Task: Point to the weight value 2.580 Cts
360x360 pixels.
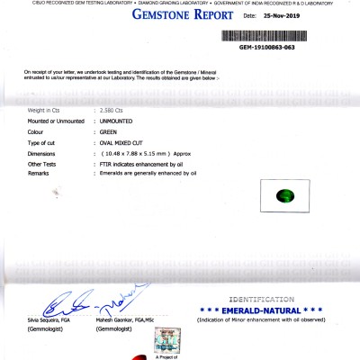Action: click(110, 108)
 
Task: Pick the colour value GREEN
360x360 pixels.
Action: click(107, 131)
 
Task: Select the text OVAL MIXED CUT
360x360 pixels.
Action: click(123, 143)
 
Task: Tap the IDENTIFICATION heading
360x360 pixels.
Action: click(261, 297)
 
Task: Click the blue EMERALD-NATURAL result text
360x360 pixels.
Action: click(261, 309)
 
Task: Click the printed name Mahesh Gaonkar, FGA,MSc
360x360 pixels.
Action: click(126, 319)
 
